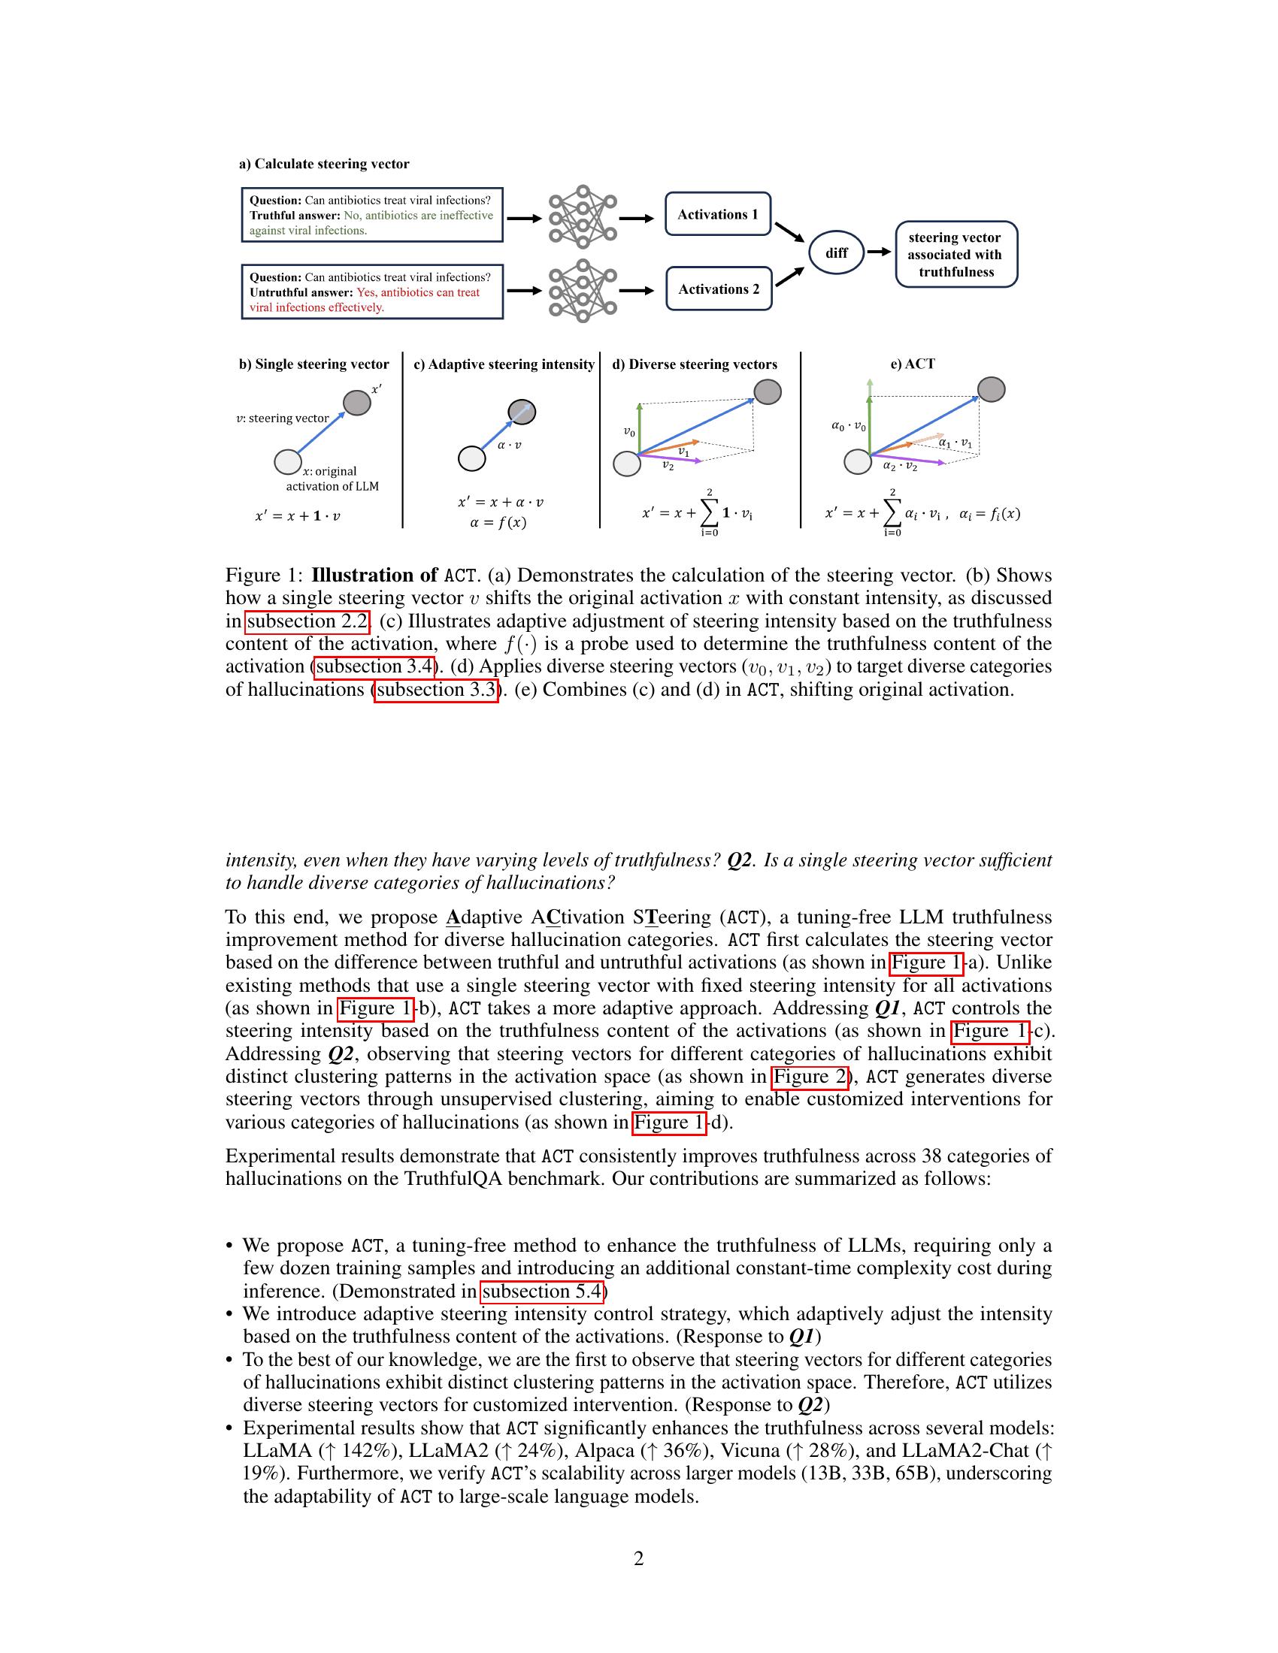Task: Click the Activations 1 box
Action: (x=718, y=214)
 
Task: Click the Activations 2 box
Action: (x=719, y=289)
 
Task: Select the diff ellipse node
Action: (x=836, y=252)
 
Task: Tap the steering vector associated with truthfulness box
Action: (x=955, y=254)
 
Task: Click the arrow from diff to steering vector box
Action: (x=878, y=252)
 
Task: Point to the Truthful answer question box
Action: (x=371, y=215)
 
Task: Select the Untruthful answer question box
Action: (x=371, y=292)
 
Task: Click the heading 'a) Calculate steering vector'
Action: (x=324, y=164)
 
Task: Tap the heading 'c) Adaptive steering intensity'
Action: (x=504, y=364)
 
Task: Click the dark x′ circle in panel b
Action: (x=357, y=403)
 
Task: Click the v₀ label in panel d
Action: (x=629, y=431)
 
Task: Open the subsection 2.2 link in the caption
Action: (x=307, y=621)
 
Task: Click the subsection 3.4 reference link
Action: (x=375, y=666)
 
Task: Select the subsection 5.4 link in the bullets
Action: (x=541, y=1292)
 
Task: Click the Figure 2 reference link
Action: (x=809, y=1077)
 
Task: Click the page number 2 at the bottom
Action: (x=638, y=1559)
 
